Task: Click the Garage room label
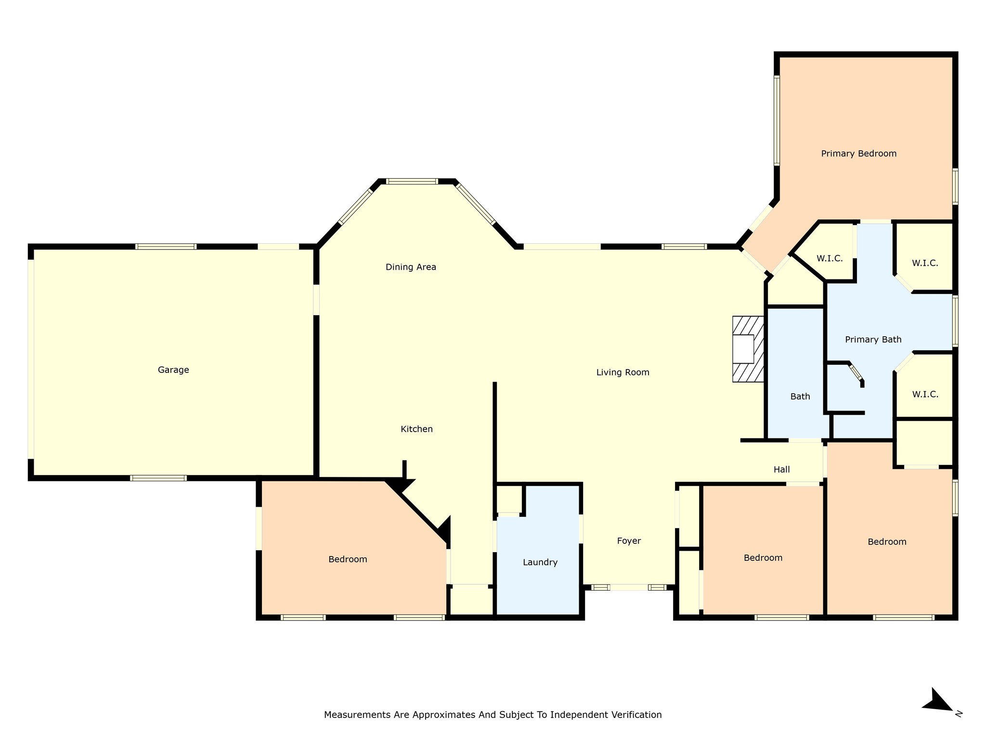pyautogui.click(x=173, y=370)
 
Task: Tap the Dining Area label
pyautogui.click(x=411, y=267)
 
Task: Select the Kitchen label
pyautogui.click(x=416, y=429)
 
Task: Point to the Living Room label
pyautogui.click(x=623, y=372)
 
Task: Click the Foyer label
pyautogui.click(x=629, y=541)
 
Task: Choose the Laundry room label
pyautogui.click(x=540, y=562)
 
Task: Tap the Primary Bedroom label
pyautogui.click(x=858, y=154)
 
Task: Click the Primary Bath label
pyautogui.click(x=873, y=340)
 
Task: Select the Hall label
pyautogui.click(x=781, y=469)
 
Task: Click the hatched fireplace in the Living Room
pyautogui.click(x=748, y=349)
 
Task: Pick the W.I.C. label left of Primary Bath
pyautogui.click(x=829, y=259)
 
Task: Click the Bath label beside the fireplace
pyautogui.click(x=800, y=396)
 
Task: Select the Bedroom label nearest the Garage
pyautogui.click(x=348, y=559)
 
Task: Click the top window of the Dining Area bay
pyautogui.click(x=412, y=182)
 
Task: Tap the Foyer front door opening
pyautogui.click(x=629, y=587)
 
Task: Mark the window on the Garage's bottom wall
pyautogui.click(x=158, y=478)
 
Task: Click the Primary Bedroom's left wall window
pyautogui.click(x=777, y=120)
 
